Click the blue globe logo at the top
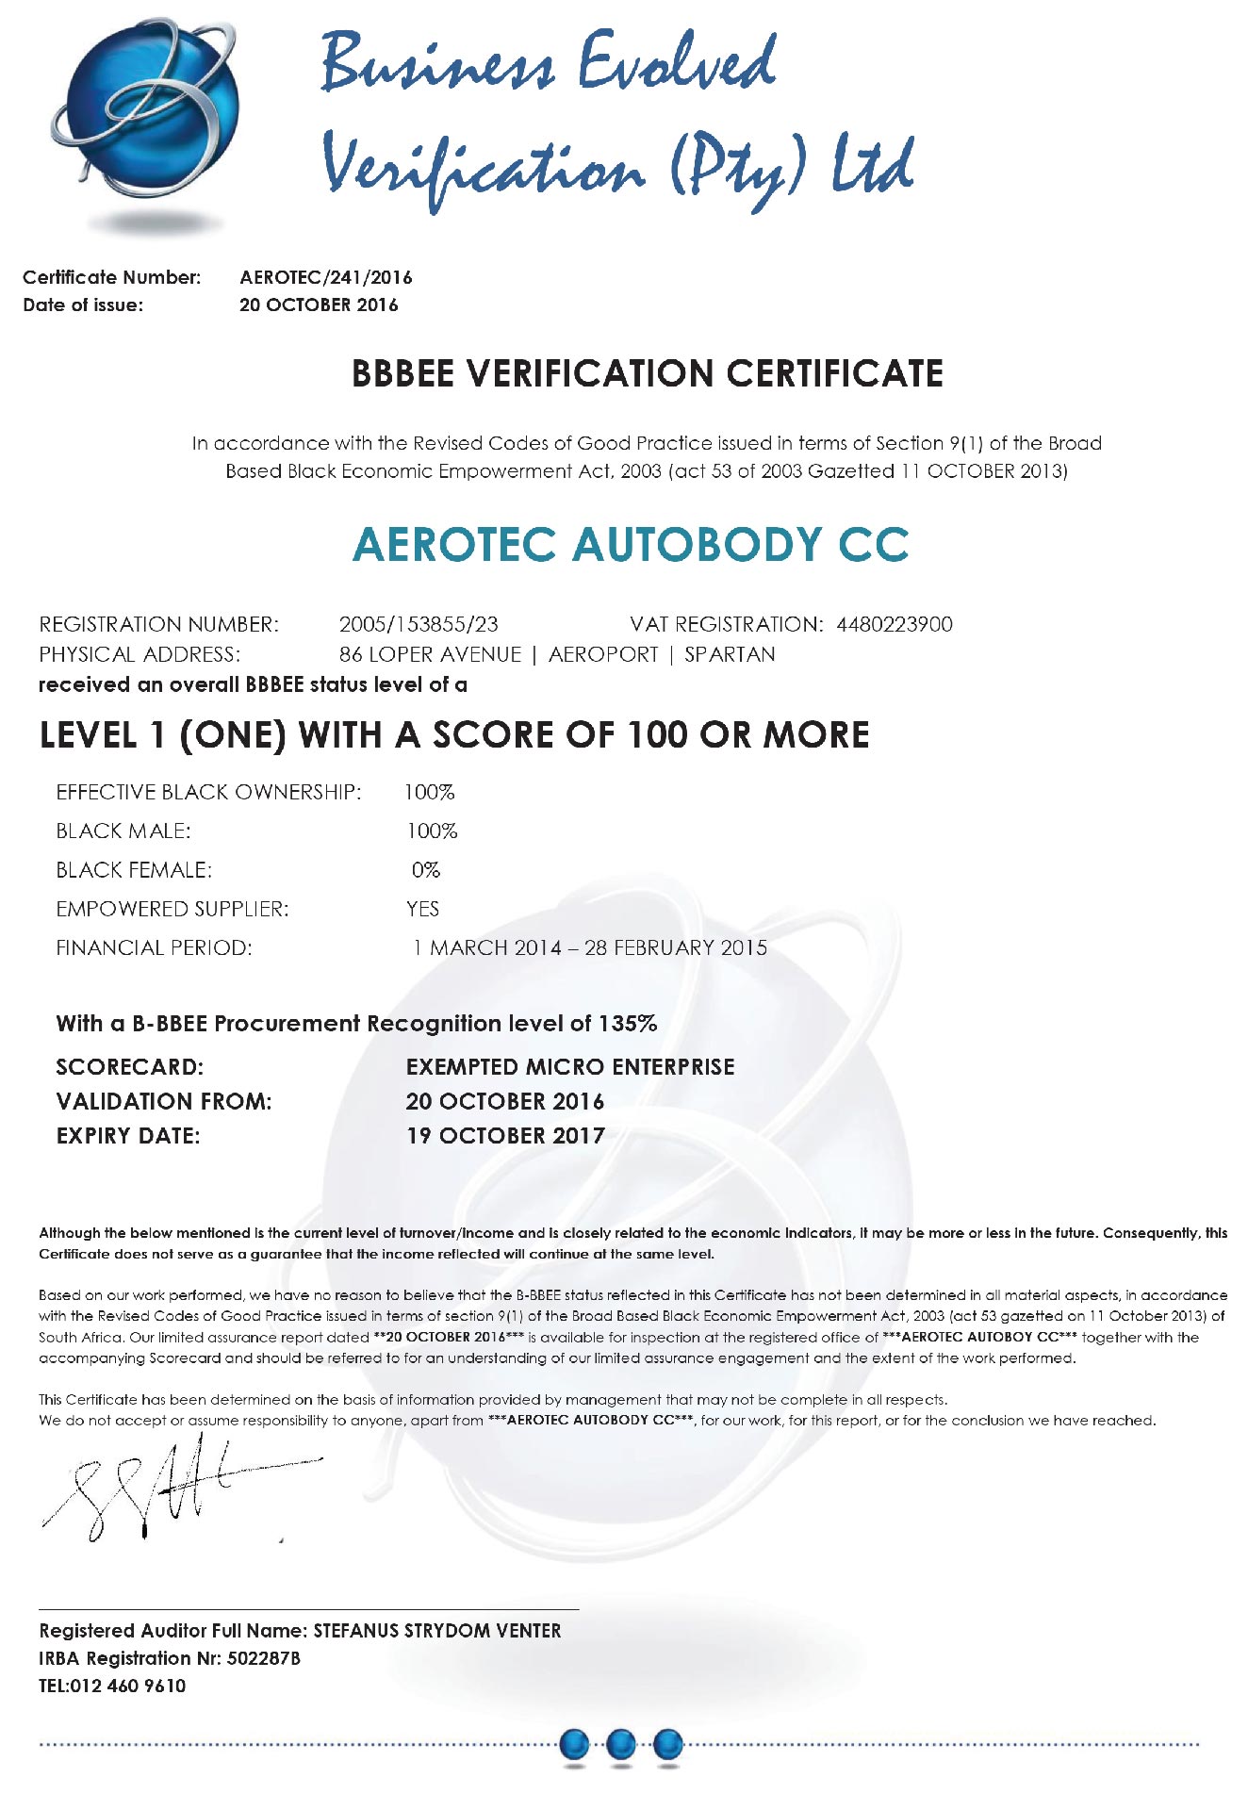tap(146, 118)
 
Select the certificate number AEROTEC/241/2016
tap(326, 277)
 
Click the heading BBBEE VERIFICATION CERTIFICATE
tap(647, 374)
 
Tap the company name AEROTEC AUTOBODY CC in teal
tap(631, 545)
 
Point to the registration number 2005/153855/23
tap(419, 624)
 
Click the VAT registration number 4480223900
tap(895, 624)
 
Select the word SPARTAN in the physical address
tap(730, 654)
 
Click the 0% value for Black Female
tap(426, 870)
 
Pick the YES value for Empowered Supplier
tap(423, 909)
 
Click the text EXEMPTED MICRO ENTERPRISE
tap(570, 1067)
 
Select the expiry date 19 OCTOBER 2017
tap(505, 1136)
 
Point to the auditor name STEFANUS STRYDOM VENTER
tap(437, 1631)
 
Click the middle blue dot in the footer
tap(620, 1745)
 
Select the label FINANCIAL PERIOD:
tap(155, 948)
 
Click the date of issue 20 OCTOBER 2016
tap(319, 304)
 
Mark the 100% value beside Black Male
tap(432, 831)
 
